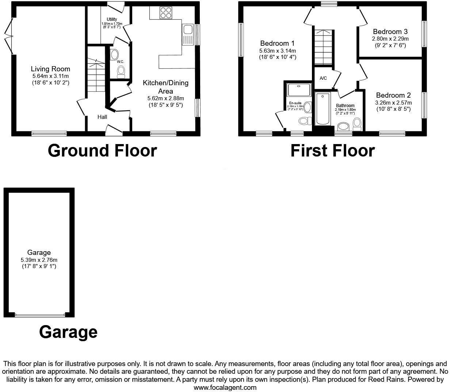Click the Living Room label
coord(50,69)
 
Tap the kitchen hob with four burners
coord(166,13)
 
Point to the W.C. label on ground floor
coord(121,62)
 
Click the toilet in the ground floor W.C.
coord(121,72)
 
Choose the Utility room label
coord(112,19)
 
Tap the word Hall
coord(102,117)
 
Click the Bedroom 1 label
coord(278,44)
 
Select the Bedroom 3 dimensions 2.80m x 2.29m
coord(390,39)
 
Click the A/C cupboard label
coord(323,78)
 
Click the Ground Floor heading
coord(102,151)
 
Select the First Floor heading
coord(332,151)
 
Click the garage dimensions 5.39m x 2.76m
coord(39,260)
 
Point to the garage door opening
coord(40,314)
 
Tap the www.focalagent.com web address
coord(225,387)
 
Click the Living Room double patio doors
coord(9,35)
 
